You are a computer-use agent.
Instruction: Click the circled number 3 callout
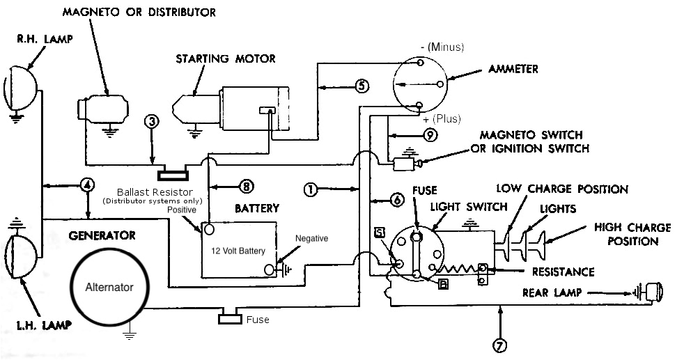153,121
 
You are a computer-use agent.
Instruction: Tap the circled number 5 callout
361,86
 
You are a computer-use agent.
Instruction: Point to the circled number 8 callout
245,186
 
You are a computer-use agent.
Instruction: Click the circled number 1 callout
311,188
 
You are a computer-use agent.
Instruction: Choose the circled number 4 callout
87,185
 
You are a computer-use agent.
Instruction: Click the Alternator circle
109,286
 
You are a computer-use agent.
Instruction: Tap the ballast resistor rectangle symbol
171,175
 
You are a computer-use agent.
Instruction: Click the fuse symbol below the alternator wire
230,320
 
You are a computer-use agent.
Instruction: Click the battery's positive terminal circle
208,228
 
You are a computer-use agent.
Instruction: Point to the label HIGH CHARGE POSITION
632,234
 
